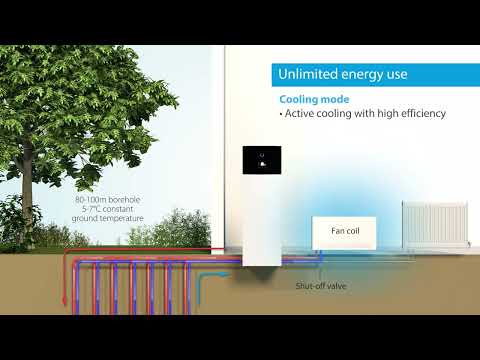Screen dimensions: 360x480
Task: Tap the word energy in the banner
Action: click(366, 76)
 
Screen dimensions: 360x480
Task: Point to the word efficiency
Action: click(420, 114)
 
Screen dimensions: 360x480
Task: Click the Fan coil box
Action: click(343, 231)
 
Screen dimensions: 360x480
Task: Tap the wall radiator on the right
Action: click(434, 223)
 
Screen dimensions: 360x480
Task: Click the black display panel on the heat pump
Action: click(262, 161)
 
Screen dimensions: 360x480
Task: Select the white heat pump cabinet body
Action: click(262, 220)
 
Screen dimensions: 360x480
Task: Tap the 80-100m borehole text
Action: click(107, 199)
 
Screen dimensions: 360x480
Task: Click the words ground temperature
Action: click(109, 218)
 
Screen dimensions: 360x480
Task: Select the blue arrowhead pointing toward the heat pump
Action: click(230, 270)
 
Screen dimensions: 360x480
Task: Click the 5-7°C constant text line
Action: click(109, 208)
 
